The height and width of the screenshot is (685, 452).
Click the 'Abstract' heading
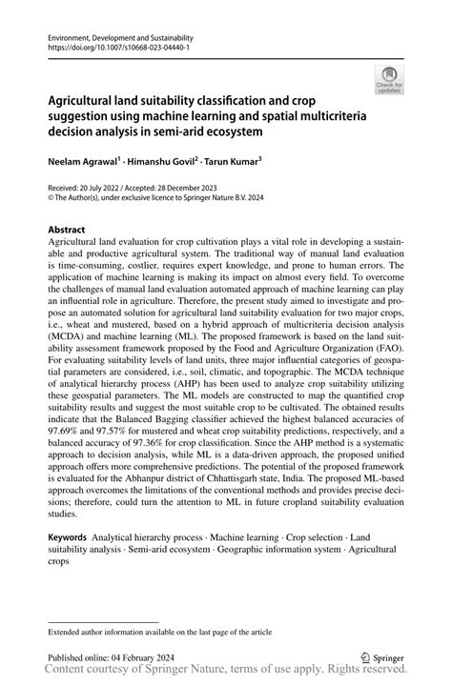click(x=66, y=230)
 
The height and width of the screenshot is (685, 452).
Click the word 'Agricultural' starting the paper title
click(x=85, y=100)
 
